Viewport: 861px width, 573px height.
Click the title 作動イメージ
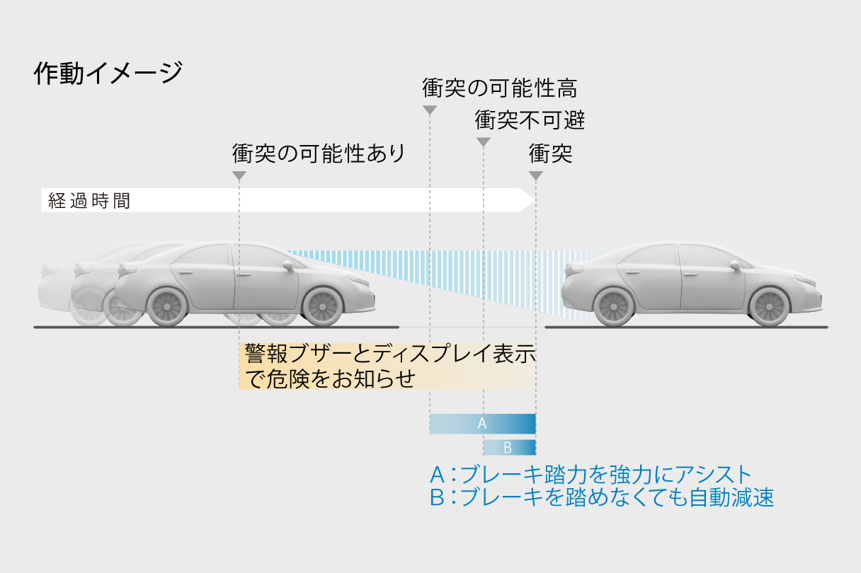click(x=108, y=74)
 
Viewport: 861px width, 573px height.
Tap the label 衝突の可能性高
click(x=500, y=88)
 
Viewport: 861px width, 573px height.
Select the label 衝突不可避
click(x=530, y=120)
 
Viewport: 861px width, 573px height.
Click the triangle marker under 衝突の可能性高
click(x=429, y=110)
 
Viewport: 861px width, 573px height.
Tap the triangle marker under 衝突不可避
click(x=483, y=142)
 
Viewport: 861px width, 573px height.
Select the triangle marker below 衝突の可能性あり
click(x=239, y=175)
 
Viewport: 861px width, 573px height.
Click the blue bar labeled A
click(x=482, y=424)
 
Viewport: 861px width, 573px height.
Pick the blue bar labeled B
click(x=508, y=447)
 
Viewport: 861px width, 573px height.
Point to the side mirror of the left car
click(x=288, y=265)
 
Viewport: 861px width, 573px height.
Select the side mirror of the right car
click(x=735, y=265)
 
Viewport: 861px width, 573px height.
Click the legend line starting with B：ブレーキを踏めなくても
click(x=602, y=497)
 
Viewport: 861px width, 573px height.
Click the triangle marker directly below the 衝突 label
click(x=536, y=175)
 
